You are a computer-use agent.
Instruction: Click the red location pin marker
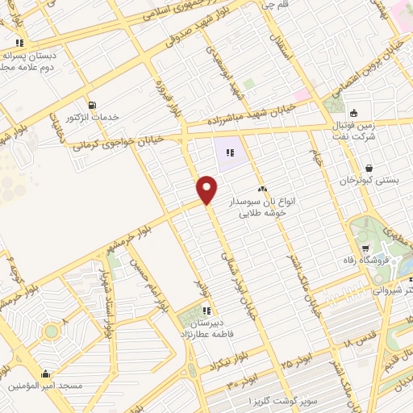[x=207, y=189]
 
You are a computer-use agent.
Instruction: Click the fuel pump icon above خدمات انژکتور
[x=94, y=105]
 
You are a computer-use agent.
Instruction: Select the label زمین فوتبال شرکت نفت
[x=355, y=133]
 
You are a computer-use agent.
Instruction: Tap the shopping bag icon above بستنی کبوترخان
[x=369, y=168]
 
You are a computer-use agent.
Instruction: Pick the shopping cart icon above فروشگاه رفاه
[x=365, y=248]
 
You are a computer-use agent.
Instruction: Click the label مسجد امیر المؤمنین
[x=46, y=386]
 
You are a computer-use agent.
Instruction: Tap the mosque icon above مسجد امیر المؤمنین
[x=46, y=373]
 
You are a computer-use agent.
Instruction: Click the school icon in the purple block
[x=231, y=150]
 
